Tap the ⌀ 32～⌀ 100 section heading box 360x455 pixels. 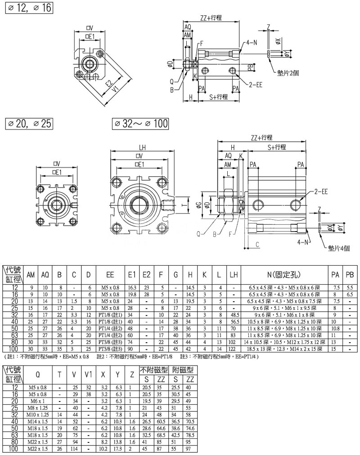coord(139,123)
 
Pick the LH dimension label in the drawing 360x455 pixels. coord(142,147)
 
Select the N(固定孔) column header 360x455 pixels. coord(284,274)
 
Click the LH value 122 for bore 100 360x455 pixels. coord(233,348)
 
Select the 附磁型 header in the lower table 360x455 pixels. coord(183,370)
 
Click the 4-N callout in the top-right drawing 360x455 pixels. coord(252,44)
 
